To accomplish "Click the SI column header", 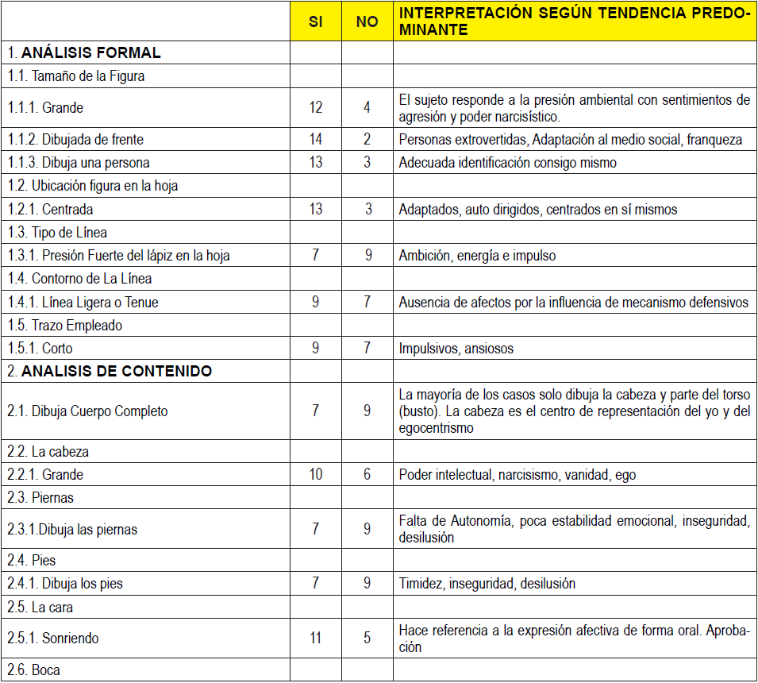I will tap(315, 22).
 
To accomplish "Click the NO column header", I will tap(367, 22).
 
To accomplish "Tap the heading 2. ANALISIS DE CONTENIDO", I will tap(110, 371).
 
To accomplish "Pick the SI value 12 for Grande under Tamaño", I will tap(315, 107).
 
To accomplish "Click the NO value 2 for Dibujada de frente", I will tap(367, 139).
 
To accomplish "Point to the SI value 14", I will tap(315, 139).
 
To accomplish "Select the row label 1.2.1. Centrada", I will tap(51, 210).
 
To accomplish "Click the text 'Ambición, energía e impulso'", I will tap(477, 256).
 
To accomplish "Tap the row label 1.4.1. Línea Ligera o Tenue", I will tap(83, 303).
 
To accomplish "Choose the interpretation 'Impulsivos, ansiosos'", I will tap(457, 349).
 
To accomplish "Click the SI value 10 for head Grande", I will tap(315, 475).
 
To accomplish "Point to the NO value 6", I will tap(367, 475).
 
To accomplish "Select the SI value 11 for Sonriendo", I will tap(315, 638).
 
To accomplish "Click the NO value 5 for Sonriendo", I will tap(367, 638).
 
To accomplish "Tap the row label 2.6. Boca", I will tap(34, 669).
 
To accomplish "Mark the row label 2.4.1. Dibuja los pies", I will tap(66, 584).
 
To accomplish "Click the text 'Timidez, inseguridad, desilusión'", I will tap(487, 584).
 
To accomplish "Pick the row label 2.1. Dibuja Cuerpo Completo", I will tap(88, 411).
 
